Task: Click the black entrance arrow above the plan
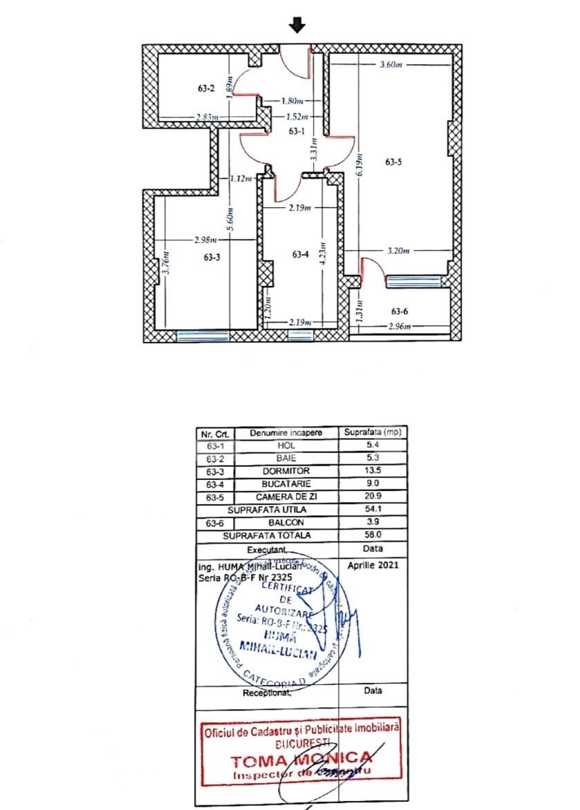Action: point(297,26)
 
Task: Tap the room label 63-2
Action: point(206,88)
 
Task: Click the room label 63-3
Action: point(212,257)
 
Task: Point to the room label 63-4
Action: point(299,255)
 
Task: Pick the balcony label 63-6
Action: point(400,311)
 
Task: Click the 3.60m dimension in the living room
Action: point(391,65)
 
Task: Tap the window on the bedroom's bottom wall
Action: point(203,336)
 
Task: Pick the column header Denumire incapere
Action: point(286,434)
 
